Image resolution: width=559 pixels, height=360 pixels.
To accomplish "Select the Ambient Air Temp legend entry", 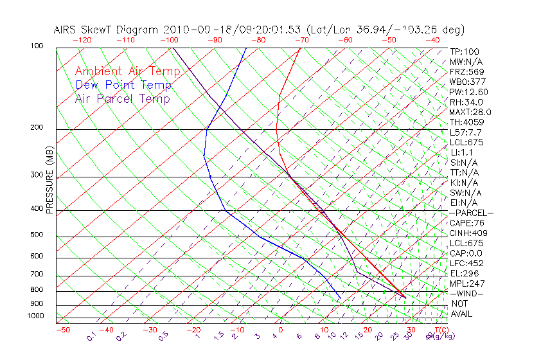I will pos(128,71).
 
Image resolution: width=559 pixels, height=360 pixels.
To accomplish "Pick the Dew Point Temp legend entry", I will pos(123,85).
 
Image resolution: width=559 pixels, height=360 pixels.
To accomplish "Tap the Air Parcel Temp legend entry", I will pos(123,98).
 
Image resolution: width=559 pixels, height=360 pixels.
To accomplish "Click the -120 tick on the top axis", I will pos(82,40).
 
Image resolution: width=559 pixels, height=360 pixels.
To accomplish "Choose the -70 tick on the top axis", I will pos(301,40).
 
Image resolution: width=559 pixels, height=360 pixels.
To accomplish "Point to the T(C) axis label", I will pos(441,330).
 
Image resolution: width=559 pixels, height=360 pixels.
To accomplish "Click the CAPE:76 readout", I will pos(467,223).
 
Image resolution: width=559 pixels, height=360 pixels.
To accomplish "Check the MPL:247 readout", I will pos(466,283).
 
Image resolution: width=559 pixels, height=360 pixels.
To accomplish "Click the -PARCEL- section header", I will pos(472,213).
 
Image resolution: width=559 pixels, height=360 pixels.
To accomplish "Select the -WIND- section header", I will pos(467,293).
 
